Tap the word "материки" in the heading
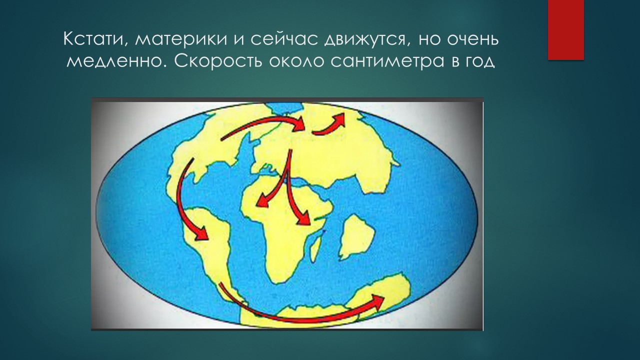[x=181, y=39]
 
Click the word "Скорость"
[x=218, y=60]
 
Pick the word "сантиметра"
[x=387, y=61]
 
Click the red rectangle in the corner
[x=565, y=30]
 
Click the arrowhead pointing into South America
[x=201, y=233]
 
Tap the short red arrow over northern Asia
[x=329, y=125]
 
